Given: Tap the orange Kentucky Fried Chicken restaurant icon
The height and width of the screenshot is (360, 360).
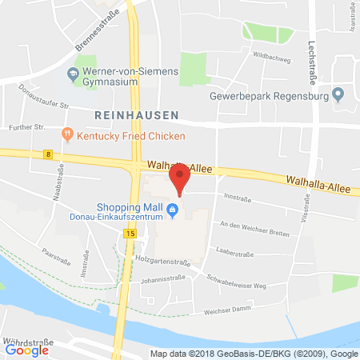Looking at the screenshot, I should click(x=69, y=135).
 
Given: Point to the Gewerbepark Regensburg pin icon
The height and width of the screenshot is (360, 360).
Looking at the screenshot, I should click(x=338, y=95).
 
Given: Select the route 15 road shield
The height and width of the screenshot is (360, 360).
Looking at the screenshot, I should click(x=129, y=233).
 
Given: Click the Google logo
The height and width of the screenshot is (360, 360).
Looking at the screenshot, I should click(x=27, y=349).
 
